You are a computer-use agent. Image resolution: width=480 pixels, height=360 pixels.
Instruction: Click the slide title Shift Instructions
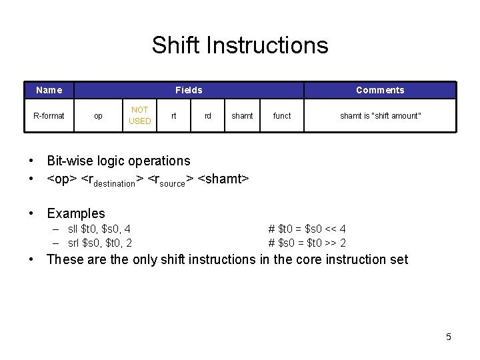(x=240, y=45)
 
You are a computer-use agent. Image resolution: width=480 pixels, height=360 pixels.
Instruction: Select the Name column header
(x=49, y=90)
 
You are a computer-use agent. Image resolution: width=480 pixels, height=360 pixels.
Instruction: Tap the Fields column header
(x=189, y=90)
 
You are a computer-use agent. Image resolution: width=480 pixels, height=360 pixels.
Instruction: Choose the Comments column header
(x=380, y=90)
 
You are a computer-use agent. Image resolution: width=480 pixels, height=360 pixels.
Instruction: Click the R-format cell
(x=49, y=116)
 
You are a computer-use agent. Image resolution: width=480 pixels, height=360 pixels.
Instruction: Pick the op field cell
(x=98, y=116)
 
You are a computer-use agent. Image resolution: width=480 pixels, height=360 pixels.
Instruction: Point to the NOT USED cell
(x=139, y=115)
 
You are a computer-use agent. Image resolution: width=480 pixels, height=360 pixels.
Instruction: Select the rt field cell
(x=174, y=116)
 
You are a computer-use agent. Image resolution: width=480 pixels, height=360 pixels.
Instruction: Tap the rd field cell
(x=208, y=116)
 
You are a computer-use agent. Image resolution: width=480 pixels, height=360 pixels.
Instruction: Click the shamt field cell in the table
(x=242, y=116)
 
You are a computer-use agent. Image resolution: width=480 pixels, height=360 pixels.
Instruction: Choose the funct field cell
(x=282, y=116)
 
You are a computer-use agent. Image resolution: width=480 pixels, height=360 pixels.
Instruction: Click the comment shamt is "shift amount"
(x=380, y=116)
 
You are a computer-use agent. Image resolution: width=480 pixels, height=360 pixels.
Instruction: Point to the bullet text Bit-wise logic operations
(x=118, y=161)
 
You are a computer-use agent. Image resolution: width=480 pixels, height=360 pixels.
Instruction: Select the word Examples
(x=76, y=213)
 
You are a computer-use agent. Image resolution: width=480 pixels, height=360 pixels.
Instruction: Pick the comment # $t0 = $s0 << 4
(x=307, y=229)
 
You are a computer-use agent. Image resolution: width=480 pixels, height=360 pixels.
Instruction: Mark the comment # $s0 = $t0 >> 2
(x=307, y=243)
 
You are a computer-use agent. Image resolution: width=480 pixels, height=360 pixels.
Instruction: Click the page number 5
(x=449, y=337)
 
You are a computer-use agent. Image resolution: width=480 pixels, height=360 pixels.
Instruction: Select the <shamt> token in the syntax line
(x=223, y=179)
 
